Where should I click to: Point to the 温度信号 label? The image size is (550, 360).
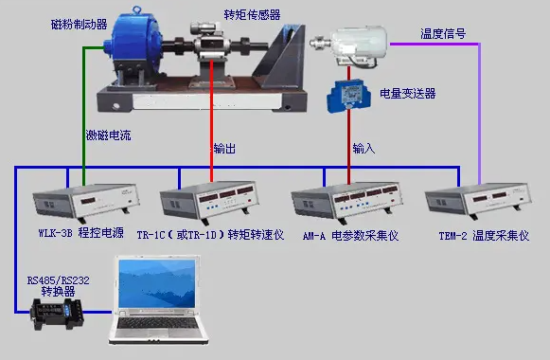point(442,33)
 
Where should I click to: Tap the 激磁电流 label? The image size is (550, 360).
point(109,135)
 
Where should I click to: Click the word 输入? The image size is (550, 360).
point(364,149)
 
